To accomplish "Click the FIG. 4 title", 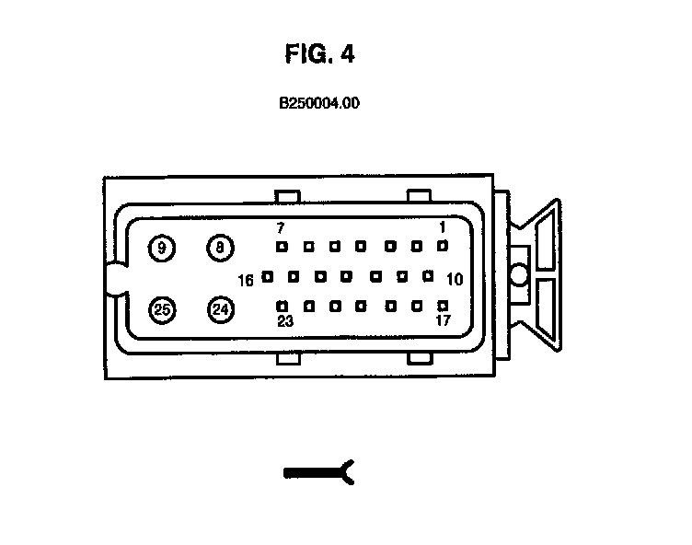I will click(319, 54).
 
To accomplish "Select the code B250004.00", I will click(319, 104).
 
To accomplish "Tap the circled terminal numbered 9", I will click(162, 248).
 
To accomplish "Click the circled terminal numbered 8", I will click(220, 247).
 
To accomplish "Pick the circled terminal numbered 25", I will click(162, 309).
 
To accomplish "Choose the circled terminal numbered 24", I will click(220, 309).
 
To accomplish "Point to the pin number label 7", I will click(282, 227).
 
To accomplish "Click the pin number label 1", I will click(443, 227).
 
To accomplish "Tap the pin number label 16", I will click(246, 281).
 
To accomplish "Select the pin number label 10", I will click(455, 279).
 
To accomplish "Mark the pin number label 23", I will click(284, 321).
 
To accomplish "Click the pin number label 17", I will click(443, 321).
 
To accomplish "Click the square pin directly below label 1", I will click(443, 246).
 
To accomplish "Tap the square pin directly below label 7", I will click(283, 247).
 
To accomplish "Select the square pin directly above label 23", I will click(283, 305).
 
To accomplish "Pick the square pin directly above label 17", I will click(443, 305).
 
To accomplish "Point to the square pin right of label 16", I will click(267, 275).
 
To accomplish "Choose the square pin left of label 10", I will click(428, 275).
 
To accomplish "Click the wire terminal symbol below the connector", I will click(319, 472).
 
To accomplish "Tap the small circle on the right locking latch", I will click(518, 274).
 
